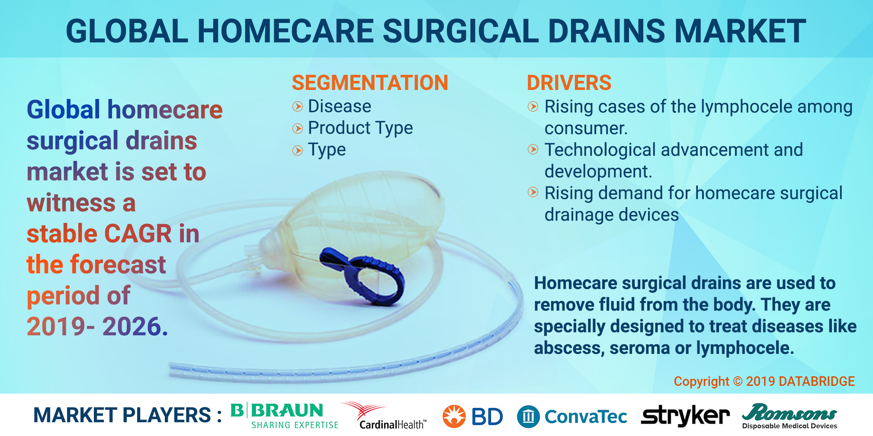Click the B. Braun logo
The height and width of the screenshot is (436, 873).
point(284,415)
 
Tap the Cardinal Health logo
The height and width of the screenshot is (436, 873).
point(384,415)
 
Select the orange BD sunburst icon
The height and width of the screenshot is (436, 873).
point(454,416)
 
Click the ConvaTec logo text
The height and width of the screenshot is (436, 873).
point(586,417)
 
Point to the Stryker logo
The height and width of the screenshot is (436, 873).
point(685,416)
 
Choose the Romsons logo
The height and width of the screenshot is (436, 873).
point(790,416)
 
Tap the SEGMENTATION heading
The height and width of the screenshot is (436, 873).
point(370,83)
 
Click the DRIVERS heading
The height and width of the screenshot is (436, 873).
point(569,83)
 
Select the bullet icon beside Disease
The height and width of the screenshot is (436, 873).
point(298,106)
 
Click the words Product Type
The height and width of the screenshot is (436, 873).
point(360,128)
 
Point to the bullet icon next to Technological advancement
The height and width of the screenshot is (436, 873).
point(533,150)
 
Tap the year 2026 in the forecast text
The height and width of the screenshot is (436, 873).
point(135,326)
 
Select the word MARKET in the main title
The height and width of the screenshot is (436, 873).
point(741,31)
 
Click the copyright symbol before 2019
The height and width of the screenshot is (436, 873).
point(738,381)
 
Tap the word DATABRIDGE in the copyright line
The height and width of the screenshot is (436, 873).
point(817,381)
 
